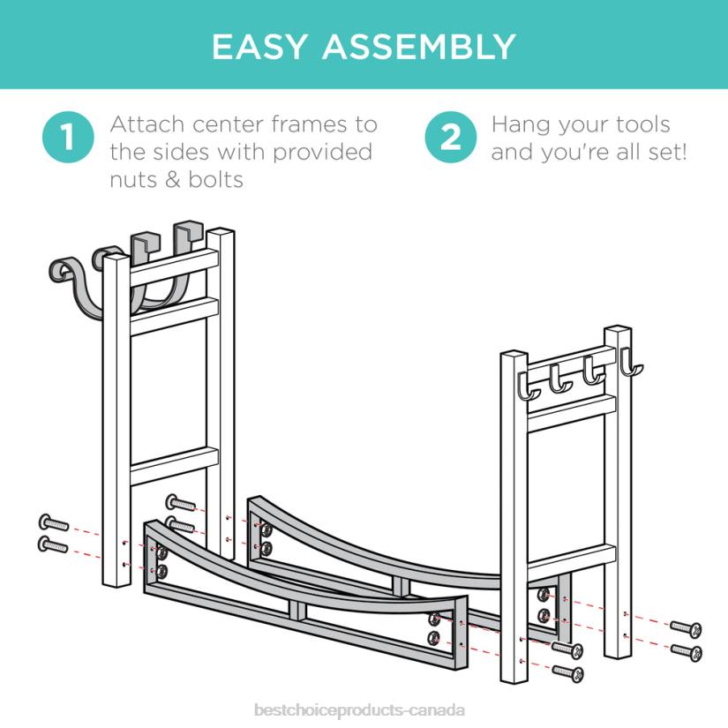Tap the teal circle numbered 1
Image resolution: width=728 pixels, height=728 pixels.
point(66,139)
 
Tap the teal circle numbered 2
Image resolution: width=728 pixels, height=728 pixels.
point(449,139)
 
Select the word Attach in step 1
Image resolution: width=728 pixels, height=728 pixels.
point(144,124)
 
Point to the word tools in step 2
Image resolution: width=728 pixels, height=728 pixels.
point(639,124)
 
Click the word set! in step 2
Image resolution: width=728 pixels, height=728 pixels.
point(664,152)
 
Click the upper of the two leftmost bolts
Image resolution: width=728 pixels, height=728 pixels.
point(52,523)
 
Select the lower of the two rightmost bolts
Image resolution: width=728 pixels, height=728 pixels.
point(685,652)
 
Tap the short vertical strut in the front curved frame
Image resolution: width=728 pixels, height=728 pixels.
point(301,610)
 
